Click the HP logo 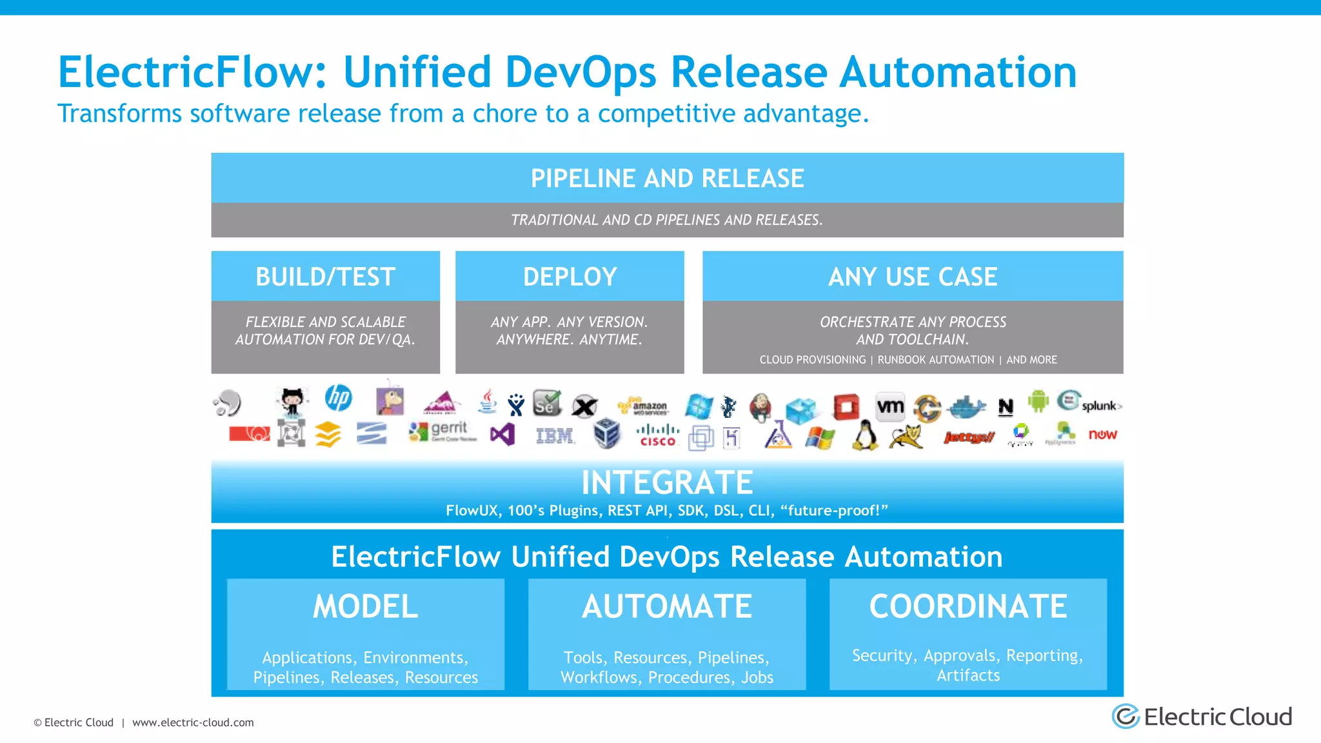(339, 398)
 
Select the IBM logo (555, 437)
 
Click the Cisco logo (657, 435)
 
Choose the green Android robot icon (1038, 401)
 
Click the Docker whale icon (965, 407)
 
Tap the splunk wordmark (1100, 406)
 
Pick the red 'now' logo (1102, 435)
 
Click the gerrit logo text (449, 428)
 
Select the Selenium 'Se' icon (546, 404)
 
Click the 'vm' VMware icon (890, 407)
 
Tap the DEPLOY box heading (570, 277)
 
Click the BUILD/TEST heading (325, 277)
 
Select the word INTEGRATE (667, 482)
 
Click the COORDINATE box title (968, 606)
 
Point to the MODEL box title (365, 606)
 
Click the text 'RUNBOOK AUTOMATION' (935, 360)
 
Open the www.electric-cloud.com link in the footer (193, 722)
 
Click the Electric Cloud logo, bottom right (1202, 717)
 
